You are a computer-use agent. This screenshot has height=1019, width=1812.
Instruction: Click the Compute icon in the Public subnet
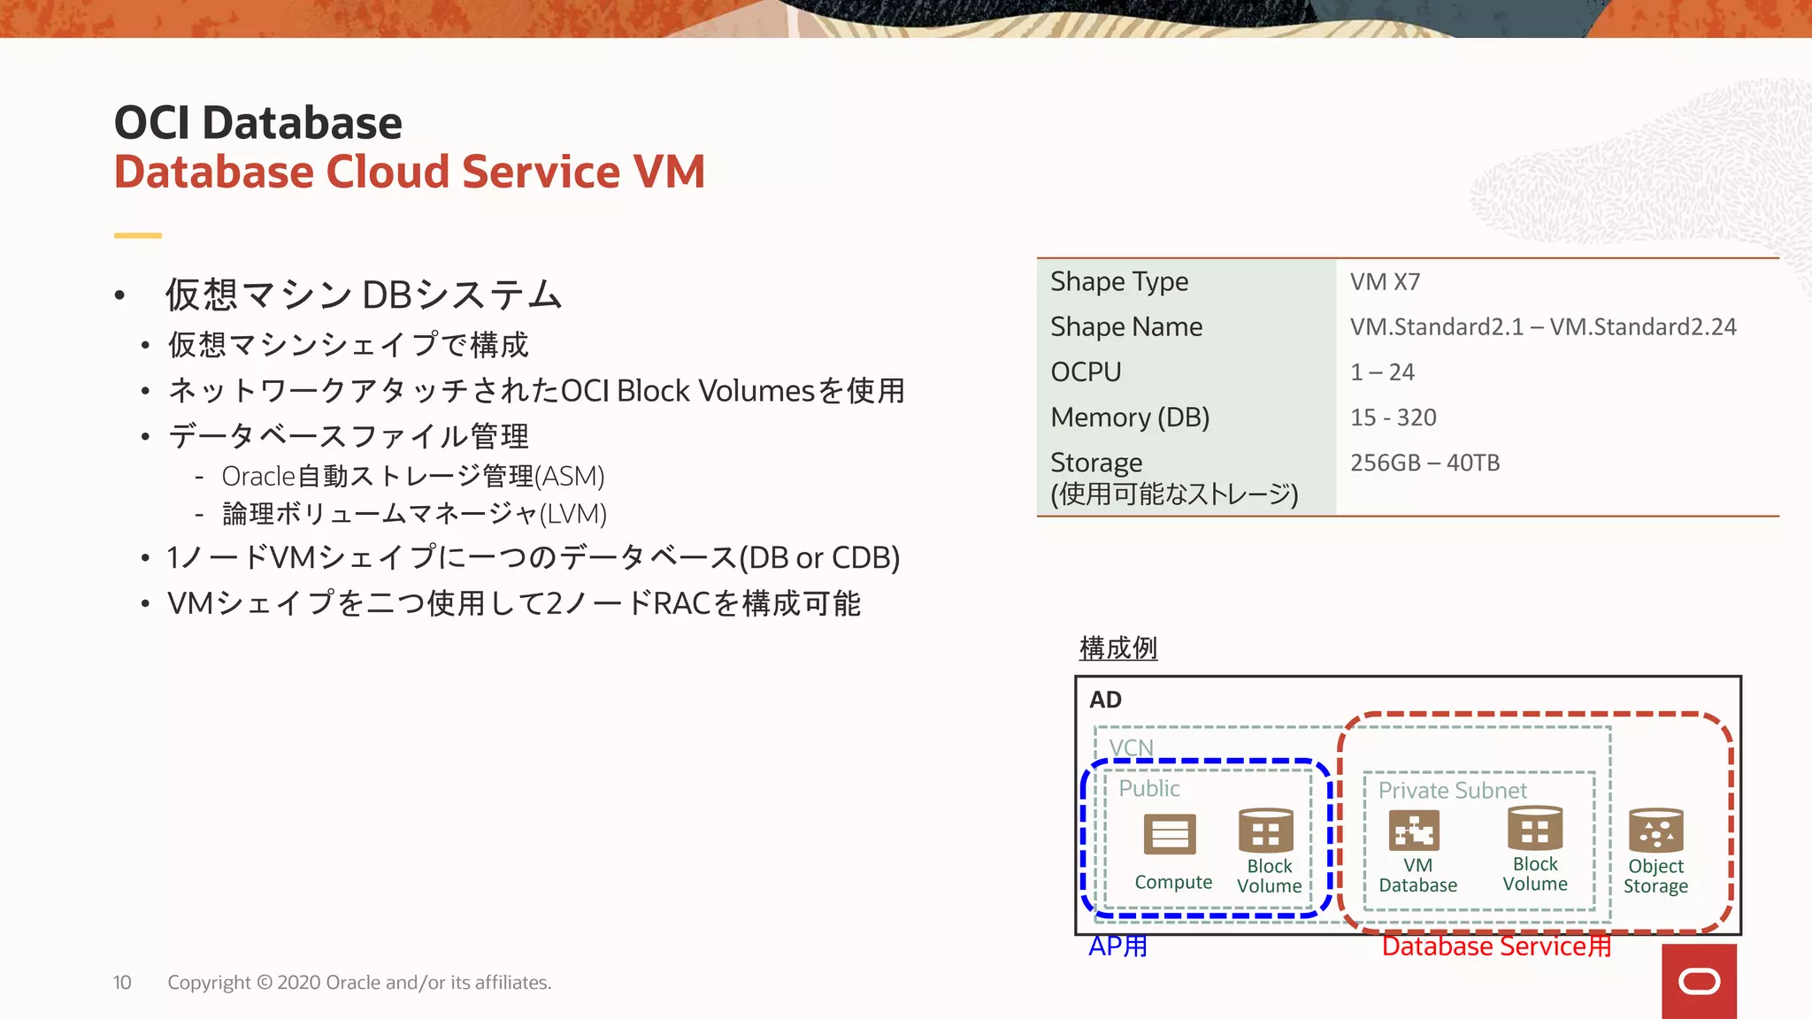click(1170, 834)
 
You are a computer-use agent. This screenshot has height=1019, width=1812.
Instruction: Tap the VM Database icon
click(1414, 831)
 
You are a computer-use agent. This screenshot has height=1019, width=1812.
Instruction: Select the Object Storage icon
click(1655, 831)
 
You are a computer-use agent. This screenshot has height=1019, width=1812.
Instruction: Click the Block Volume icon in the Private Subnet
click(1535, 829)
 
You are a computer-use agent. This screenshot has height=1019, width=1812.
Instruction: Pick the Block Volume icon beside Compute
click(1266, 831)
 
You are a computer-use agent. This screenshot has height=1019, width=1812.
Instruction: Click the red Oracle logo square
click(1699, 981)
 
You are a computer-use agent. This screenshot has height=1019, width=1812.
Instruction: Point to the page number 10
click(122, 983)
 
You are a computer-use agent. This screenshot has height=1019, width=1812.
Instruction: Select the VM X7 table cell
click(1385, 282)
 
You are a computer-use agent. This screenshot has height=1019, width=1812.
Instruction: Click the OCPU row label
click(1086, 372)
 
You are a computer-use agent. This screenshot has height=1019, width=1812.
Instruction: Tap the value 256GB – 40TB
click(1424, 463)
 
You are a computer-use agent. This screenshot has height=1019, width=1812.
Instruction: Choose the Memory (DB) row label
click(1130, 418)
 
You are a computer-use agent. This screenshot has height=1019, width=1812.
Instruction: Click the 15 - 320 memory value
click(1393, 418)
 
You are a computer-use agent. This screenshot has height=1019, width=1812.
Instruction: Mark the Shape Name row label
click(1126, 327)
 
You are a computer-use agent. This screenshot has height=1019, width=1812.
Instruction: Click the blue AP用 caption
click(1117, 946)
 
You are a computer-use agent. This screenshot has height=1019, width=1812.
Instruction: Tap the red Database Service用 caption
click(1496, 946)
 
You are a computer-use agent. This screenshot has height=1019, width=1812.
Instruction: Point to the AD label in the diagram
click(1105, 700)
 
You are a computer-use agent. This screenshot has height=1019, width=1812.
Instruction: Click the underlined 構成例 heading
click(1118, 648)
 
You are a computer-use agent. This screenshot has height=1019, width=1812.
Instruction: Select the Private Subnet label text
click(1452, 790)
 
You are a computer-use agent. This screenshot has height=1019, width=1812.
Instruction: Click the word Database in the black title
click(302, 123)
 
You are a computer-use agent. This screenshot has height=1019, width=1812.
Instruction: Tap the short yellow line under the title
click(138, 235)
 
